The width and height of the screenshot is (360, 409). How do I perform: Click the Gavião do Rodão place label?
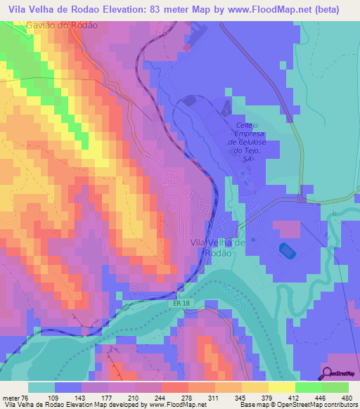pos(63,24)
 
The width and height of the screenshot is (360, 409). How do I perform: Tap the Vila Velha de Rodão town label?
pos(218,247)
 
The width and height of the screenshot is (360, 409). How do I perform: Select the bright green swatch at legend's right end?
pos(335,387)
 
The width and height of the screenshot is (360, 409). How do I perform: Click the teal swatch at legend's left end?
pos(41,387)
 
